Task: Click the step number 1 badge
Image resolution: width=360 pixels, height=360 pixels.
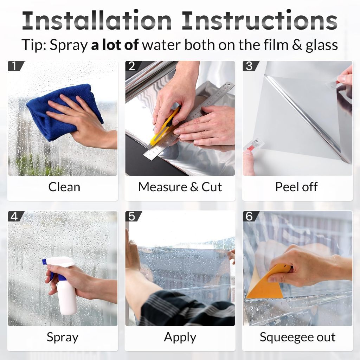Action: point(15,66)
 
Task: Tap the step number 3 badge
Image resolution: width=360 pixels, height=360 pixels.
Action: point(250,66)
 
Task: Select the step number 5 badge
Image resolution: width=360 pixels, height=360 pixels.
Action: point(133,216)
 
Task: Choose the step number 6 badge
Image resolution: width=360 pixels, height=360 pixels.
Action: point(250,216)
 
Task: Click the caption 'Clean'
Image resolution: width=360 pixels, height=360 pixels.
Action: point(64,187)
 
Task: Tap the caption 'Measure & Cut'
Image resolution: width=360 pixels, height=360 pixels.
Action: point(180,187)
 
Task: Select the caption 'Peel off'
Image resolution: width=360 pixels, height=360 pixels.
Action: point(296,187)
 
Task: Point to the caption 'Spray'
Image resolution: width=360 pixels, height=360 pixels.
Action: point(63,337)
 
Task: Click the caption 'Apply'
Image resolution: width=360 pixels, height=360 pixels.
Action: point(180,337)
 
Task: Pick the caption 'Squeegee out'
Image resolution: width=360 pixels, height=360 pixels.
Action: point(297,337)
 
